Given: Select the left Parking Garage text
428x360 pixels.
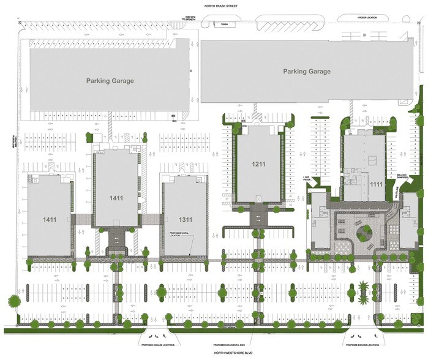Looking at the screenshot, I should [110, 81].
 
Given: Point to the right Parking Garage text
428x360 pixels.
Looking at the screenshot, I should [306, 72].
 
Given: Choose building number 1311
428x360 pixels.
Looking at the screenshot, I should [184, 219].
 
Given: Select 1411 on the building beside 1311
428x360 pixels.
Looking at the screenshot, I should [116, 198].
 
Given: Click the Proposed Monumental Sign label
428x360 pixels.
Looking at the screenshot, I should [228, 345].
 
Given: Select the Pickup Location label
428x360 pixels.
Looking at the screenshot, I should [367, 18].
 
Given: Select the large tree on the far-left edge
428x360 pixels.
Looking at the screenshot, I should [12, 301].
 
